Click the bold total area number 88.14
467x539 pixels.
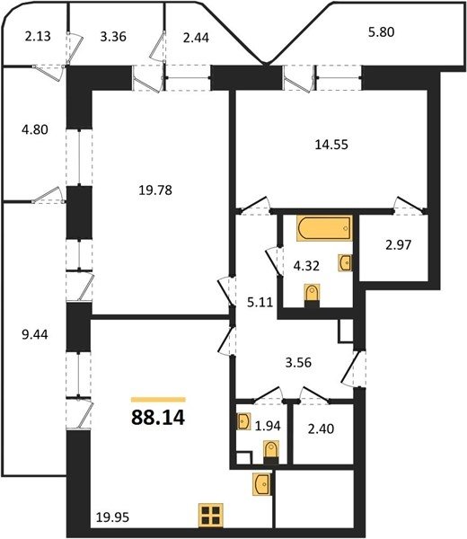pos(158,418)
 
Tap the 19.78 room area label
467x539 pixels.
pos(155,190)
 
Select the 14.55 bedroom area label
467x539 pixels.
pos(331,145)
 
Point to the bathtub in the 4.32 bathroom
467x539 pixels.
pos(324,228)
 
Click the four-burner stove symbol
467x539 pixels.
pos(211,515)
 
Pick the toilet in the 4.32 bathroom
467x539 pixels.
pos(312,295)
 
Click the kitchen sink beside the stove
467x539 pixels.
pos(261,484)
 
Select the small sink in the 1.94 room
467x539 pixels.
pos(243,421)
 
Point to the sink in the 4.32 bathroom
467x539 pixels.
pos(345,263)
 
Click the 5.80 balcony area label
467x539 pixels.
pos(381,32)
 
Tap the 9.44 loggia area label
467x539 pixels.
pos(35,334)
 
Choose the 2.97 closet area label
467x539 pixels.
pos(398,245)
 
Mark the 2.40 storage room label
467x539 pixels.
pos(321,429)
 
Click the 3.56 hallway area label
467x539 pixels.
pos(298,363)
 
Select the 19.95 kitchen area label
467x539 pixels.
pos(112,517)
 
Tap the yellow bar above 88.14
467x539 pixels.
pos(158,400)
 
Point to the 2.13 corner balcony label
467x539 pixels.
pos(38,36)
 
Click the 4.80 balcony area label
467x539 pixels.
pos(35,130)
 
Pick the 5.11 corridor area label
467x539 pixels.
pos(260,302)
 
